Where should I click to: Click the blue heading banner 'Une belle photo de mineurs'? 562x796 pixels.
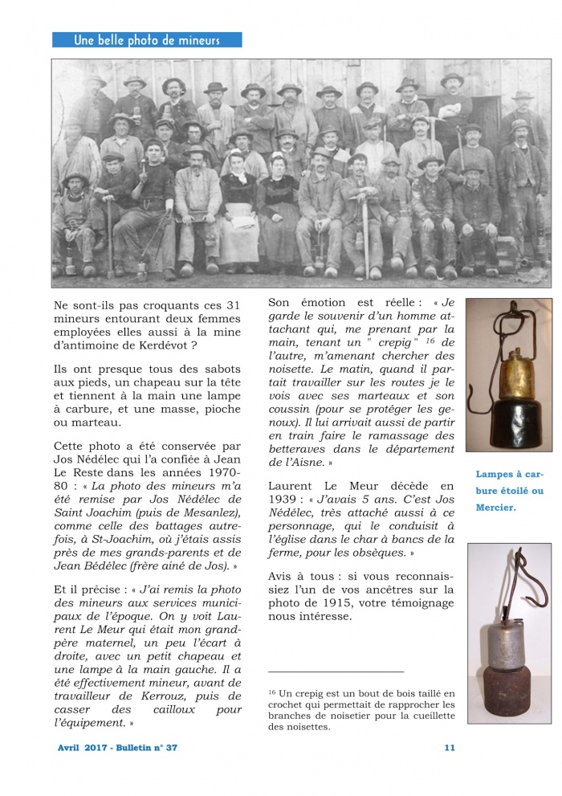pos(146,40)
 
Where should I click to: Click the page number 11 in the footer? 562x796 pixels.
pos(449,748)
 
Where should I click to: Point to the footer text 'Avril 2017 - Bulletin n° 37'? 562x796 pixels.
pos(117,748)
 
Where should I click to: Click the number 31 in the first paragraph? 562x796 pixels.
pos(233,305)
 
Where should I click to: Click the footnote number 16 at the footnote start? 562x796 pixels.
pos(272,691)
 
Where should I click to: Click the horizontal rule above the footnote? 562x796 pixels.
pos(336,671)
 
